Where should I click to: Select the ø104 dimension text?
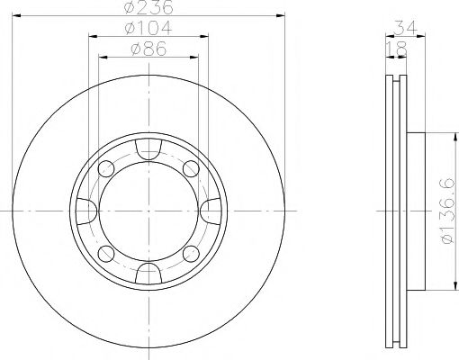pos(149,30)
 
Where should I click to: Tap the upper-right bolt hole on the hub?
pos(190,168)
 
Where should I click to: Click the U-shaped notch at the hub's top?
pos(148,147)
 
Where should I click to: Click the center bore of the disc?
pos(148,210)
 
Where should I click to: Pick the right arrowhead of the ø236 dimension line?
pos(280,17)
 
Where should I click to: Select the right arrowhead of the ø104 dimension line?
pos(206,36)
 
